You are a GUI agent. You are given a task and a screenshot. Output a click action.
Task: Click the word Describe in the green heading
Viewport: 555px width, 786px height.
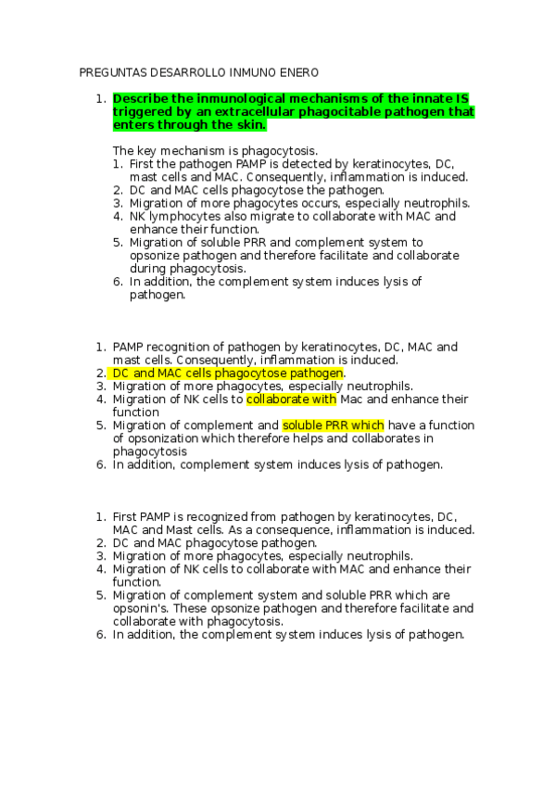pyautogui.click(x=141, y=98)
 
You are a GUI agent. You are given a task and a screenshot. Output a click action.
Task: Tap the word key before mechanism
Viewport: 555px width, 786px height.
pyautogui.click(x=148, y=150)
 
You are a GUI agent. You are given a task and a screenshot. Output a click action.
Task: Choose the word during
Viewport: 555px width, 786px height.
pyautogui.click(x=148, y=269)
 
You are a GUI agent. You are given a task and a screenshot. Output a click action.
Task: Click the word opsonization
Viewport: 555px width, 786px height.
pyautogui.click(x=166, y=438)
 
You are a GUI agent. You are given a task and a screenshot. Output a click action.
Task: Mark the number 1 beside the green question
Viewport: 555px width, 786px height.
pyautogui.click(x=98, y=98)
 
